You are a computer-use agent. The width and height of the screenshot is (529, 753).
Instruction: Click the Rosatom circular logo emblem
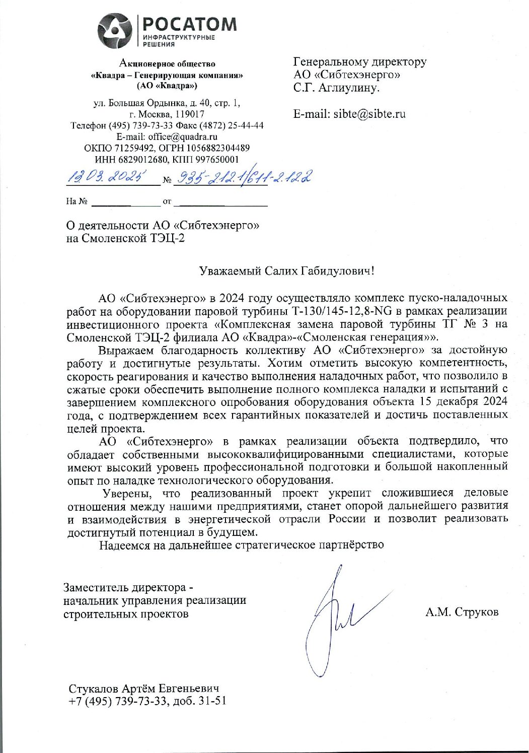(114, 31)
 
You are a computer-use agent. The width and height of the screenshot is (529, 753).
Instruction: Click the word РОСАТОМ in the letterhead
(189, 24)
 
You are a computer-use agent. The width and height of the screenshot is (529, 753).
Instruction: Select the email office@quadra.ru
(182, 136)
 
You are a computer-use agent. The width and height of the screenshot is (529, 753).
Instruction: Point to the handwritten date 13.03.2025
(106, 177)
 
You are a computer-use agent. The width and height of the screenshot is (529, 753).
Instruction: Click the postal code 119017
(187, 114)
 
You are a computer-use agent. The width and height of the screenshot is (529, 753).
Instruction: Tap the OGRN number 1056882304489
(218, 148)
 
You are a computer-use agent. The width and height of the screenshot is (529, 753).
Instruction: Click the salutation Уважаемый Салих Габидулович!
(286, 271)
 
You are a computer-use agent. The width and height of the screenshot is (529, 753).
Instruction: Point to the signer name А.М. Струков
(462, 612)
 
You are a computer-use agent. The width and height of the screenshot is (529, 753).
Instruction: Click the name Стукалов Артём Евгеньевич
(144, 689)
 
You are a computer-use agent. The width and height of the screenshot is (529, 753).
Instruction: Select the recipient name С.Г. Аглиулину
(336, 88)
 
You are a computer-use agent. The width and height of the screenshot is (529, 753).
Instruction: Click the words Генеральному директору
(360, 61)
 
